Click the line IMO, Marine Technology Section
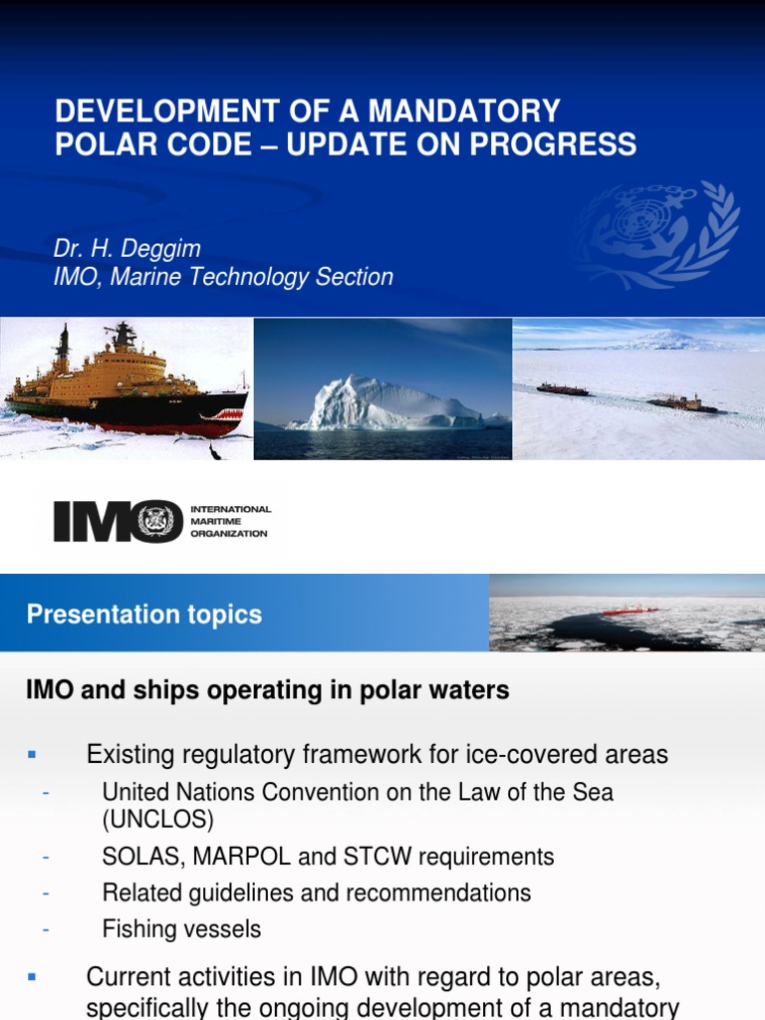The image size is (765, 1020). (223, 277)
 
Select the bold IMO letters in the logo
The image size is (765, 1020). (118, 522)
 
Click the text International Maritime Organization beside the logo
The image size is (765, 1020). (230, 521)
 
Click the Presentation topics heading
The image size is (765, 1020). (144, 615)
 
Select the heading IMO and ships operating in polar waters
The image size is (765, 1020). (267, 690)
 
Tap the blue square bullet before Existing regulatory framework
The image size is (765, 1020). (32, 755)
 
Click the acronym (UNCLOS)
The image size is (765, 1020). (157, 820)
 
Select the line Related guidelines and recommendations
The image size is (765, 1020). (316, 892)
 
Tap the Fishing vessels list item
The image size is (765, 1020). (181, 929)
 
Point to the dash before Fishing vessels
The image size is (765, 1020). (46, 929)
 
